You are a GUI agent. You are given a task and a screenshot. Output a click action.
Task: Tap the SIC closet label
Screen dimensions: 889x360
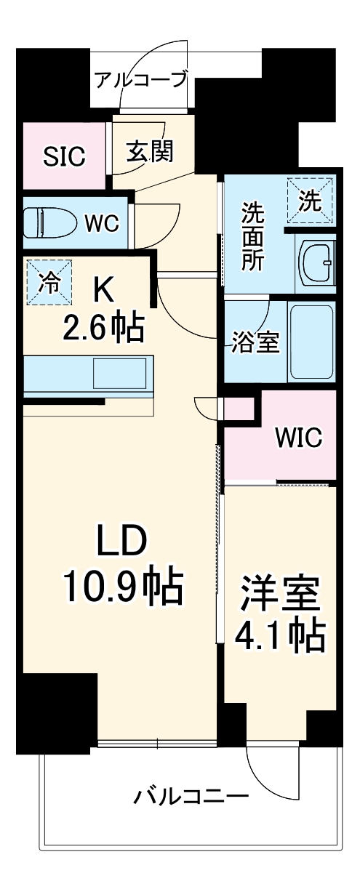pos(64,156)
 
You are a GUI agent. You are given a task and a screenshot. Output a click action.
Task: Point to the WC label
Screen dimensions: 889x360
pos(102,223)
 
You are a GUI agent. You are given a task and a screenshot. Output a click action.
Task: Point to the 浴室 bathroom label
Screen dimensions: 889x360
pos(255,343)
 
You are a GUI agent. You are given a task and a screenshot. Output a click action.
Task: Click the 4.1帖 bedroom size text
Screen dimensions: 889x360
pos(279,637)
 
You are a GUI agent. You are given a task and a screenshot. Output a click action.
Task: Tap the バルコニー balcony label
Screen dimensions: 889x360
pos(191,797)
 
